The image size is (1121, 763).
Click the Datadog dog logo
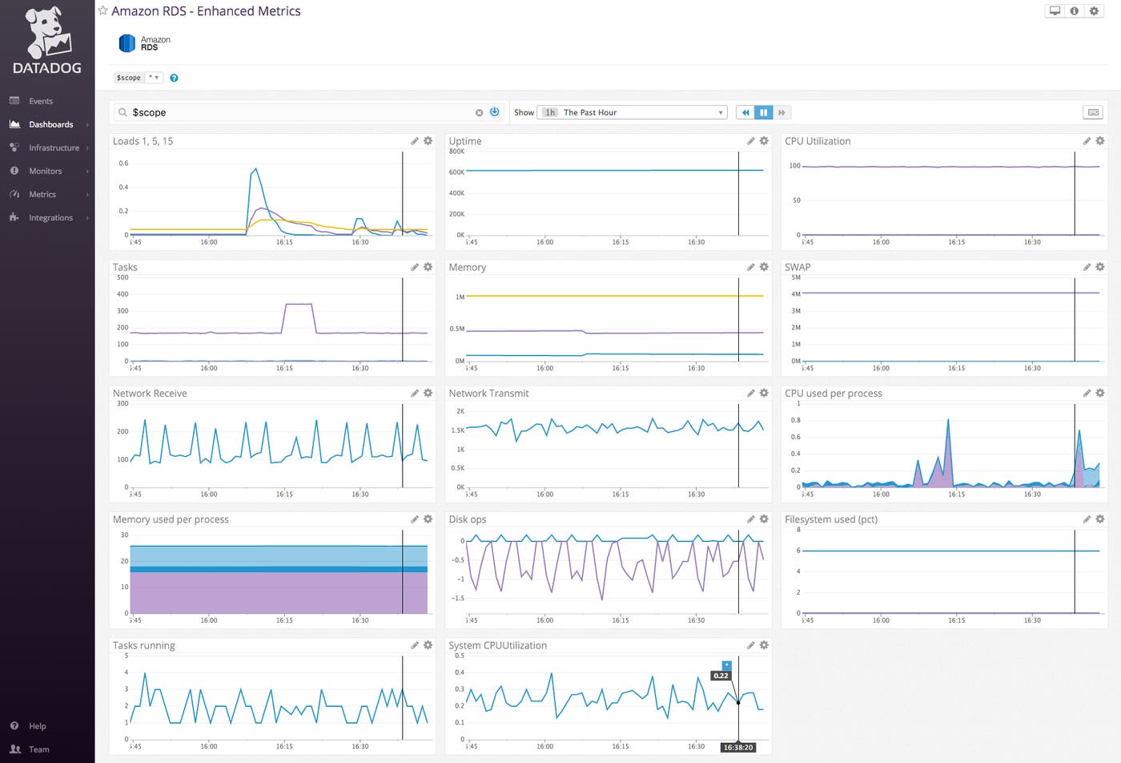47,34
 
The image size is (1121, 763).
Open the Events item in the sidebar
40,101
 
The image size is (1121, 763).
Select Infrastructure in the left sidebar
54,147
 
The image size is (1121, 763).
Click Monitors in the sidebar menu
45,171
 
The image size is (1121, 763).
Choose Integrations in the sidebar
50,217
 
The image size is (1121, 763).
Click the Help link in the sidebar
37,726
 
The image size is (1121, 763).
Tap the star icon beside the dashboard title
102,10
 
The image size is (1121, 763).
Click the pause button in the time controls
763,112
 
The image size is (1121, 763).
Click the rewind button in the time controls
745,112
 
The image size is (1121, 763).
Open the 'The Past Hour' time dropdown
633,112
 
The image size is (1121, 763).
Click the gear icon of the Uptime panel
764,141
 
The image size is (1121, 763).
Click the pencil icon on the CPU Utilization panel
1087,141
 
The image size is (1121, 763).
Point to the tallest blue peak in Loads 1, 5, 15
255,169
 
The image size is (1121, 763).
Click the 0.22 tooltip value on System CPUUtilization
721,676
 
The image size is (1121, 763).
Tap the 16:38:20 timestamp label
737,747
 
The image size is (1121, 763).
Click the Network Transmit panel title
488,394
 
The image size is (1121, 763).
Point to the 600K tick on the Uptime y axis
456,172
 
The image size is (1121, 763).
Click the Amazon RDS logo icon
127,43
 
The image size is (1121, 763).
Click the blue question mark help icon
174,78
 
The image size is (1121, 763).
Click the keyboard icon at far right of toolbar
1093,112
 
